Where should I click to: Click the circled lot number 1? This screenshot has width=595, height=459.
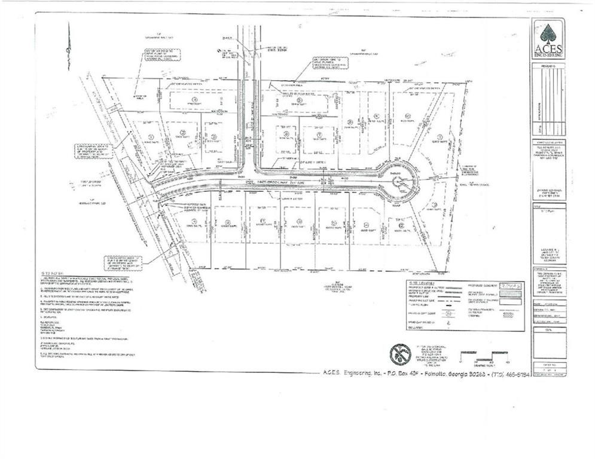pos(150,137)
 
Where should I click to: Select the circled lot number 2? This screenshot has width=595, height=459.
pos(184,132)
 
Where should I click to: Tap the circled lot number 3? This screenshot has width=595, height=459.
pos(213,136)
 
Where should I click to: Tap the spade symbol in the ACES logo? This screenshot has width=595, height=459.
pos(548,32)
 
